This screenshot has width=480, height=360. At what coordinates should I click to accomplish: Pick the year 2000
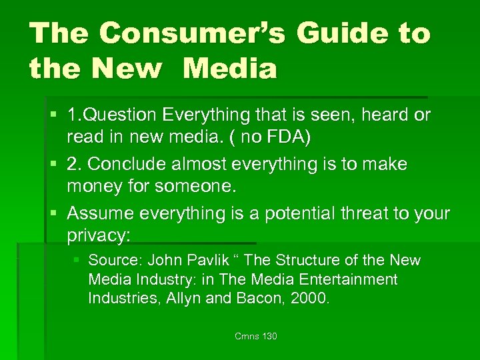tap(310, 298)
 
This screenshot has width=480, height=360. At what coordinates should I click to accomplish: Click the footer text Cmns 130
tap(256, 336)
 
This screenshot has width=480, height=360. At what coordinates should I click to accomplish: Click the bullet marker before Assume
tap(55, 213)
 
